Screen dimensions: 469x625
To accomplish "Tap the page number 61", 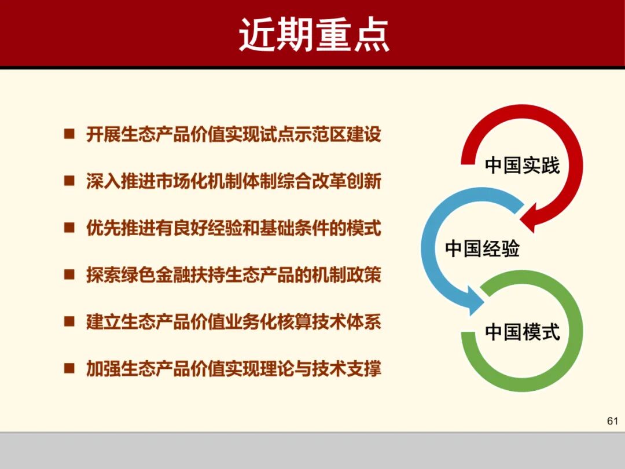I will [x=612, y=421].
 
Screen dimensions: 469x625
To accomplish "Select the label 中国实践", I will [x=522, y=165].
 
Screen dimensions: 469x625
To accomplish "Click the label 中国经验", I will [x=482, y=248].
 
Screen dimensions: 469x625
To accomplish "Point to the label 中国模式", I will [x=522, y=332].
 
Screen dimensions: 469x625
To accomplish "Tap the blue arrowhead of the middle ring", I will [x=475, y=302].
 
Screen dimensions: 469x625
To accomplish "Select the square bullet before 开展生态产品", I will [x=69, y=134].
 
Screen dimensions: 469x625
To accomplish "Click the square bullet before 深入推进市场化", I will [x=69, y=181].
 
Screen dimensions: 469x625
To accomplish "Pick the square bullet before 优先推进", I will [x=69, y=228].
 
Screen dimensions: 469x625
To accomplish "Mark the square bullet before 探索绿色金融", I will [x=69, y=274].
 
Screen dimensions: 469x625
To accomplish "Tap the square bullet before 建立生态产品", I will [x=69, y=321].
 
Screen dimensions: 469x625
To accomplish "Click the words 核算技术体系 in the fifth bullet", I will [x=330, y=321].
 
